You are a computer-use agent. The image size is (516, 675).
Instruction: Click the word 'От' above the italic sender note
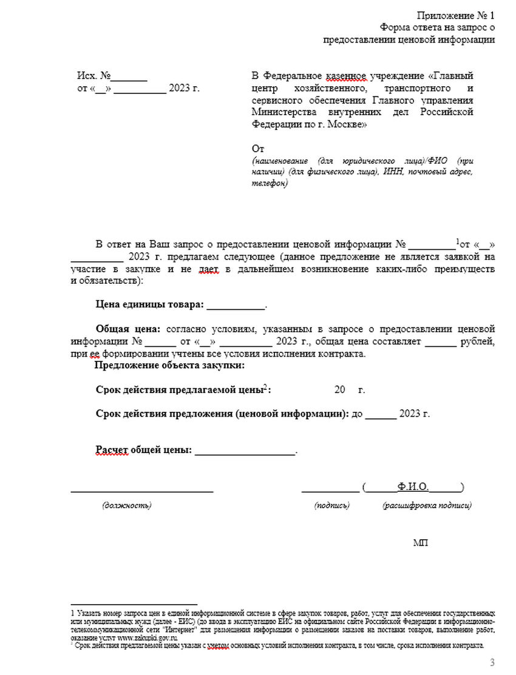(x=258, y=149)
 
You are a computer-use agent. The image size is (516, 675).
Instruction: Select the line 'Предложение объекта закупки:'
(x=169, y=365)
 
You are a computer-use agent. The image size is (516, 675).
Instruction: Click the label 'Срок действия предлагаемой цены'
(x=179, y=389)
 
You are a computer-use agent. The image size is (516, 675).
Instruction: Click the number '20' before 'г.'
(x=339, y=389)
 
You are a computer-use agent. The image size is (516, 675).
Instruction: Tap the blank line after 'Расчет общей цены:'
(x=245, y=451)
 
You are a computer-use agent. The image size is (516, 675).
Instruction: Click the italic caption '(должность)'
(x=127, y=505)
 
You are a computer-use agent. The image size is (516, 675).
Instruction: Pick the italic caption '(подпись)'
(x=331, y=505)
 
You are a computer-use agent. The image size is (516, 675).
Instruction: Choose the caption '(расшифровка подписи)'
(x=427, y=505)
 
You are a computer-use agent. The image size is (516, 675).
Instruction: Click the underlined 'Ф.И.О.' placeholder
(x=413, y=486)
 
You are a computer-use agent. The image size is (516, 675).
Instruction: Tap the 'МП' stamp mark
(x=420, y=542)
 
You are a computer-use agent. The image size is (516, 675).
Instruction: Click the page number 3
(x=492, y=661)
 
